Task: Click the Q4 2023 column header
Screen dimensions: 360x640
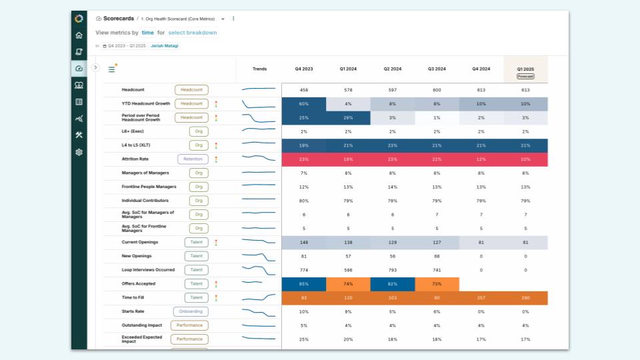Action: click(304, 69)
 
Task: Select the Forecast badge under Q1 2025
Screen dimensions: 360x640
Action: click(525, 76)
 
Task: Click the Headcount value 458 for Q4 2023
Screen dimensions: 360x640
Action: click(304, 90)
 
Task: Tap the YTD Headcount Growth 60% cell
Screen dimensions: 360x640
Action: click(304, 104)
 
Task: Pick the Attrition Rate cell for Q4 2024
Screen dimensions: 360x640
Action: click(481, 159)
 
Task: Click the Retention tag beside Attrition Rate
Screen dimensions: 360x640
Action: click(193, 159)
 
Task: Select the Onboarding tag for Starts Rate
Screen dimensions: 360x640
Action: click(191, 311)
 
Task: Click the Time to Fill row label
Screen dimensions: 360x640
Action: click(135, 298)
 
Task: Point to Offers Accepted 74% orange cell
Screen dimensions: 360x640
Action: click(348, 284)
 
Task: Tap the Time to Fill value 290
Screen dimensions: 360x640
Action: click(525, 298)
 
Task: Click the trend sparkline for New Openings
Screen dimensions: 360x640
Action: click(259, 256)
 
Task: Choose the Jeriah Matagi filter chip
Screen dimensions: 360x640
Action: click(164, 46)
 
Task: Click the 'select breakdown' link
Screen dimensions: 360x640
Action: click(192, 33)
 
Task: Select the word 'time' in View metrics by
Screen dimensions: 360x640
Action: click(147, 33)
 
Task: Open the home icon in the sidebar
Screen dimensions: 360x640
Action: click(79, 35)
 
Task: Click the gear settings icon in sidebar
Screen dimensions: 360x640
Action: click(79, 152)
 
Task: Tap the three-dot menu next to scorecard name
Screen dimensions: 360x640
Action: click(233, 19)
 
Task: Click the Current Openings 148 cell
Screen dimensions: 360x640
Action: click(304, 243)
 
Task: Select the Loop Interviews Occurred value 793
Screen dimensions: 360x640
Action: click(392, 270)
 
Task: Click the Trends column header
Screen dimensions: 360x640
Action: click(259, 69)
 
